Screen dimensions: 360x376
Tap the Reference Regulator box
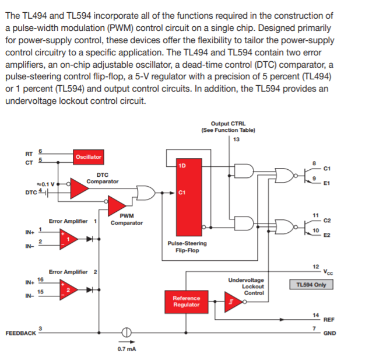pyautogui.click(x=186, y=302)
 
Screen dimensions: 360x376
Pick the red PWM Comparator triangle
pyautogui.click(x=117, y=205)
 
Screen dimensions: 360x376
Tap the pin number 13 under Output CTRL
pyautogui.click(x=236, y=139)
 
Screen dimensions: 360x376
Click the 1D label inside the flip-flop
pyautogui.click(x=182, y=165)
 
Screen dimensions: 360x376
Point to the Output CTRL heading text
pyautogui.click(x=228, y=124)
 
